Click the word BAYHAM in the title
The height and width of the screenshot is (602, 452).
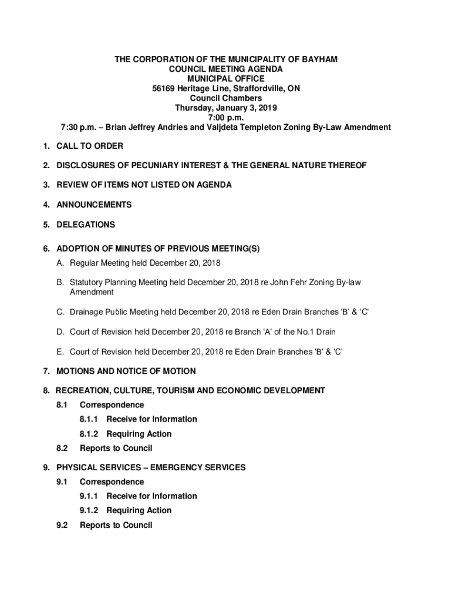tap(318, 59)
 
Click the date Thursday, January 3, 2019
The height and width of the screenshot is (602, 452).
tap(226, 108)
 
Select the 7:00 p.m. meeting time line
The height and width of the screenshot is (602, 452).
tap(226, 118)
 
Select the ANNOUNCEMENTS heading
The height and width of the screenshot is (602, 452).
tap(94, 205)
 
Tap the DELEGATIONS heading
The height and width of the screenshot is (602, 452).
tap(86, 225)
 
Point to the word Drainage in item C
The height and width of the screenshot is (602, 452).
tap(89, 312)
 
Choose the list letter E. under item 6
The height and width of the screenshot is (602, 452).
tap(60, 352)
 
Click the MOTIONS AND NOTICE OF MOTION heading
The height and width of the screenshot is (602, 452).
tap(126, 371)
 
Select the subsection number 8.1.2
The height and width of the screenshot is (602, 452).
tap(90, 434)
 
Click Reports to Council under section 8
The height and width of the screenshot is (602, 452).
tap(116, 448)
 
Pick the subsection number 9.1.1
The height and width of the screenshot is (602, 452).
tap(90, 496)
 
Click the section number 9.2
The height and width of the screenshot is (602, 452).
tap(62, 525)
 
